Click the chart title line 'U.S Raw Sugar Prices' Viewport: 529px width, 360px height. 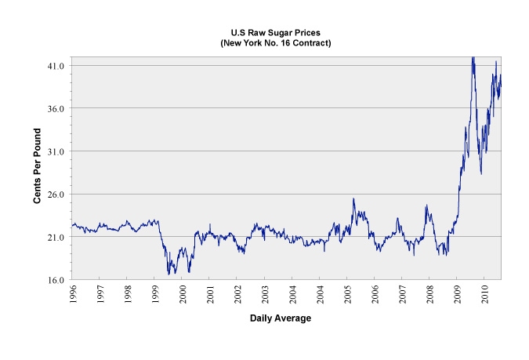(287, 31)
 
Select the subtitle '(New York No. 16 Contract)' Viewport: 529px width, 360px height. (287, 42)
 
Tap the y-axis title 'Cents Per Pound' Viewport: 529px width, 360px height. (37, 168)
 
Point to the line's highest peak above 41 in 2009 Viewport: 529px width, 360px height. (472, 57)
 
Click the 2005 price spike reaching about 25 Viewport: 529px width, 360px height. (353, 199)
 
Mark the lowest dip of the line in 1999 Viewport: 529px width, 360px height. (168, 274)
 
